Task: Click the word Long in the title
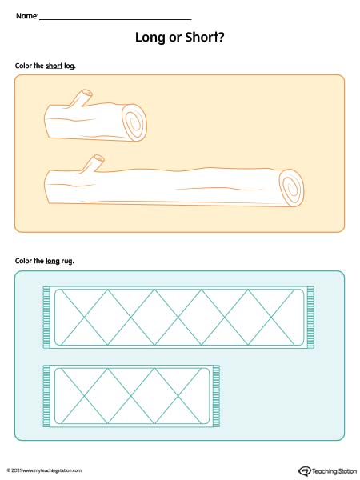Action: click(x=150, y=38)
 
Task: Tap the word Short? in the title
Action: click(x=205, y=37)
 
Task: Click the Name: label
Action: click(x=27, y=16)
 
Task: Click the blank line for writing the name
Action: click(x=115, y=19)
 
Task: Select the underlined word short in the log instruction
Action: click(x=54, y=66)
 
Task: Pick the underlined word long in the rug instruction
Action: click(x=52, y=261)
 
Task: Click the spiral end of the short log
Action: click(x=134, y=122)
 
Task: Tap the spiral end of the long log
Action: click(x=291, y=188)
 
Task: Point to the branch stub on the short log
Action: click(x=81, y=98)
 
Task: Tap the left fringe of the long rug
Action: click(x=46, y=317)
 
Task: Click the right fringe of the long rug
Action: click(x=310, y=317)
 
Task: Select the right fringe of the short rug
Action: click(x=216, y=396)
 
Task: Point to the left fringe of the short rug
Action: click(x=46, y=396)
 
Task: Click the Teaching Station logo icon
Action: click(x=305, y=470)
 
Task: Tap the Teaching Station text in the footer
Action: click(x=334, y=471)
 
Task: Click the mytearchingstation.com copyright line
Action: click(x=44, y=470)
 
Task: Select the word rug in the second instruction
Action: click(x=67, y=262)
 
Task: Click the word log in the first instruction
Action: click(x=70, y=66)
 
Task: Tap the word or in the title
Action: click(x=174, y=38)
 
